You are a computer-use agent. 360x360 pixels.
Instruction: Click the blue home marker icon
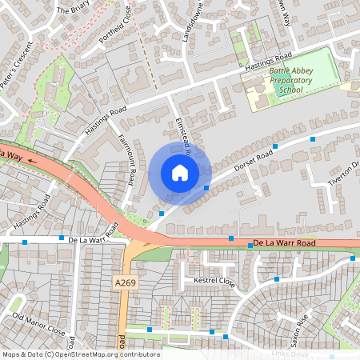[180, 173]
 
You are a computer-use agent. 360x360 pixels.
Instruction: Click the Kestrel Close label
[214, 282]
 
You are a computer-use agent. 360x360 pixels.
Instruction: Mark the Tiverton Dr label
[346, 175]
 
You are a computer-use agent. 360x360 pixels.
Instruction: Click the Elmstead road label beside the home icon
[181, 130]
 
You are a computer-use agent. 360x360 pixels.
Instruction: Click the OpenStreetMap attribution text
[80, 354]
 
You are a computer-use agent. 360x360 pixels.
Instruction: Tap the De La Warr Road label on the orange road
[285, 242]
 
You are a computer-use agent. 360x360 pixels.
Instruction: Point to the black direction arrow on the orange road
[32, 159]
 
